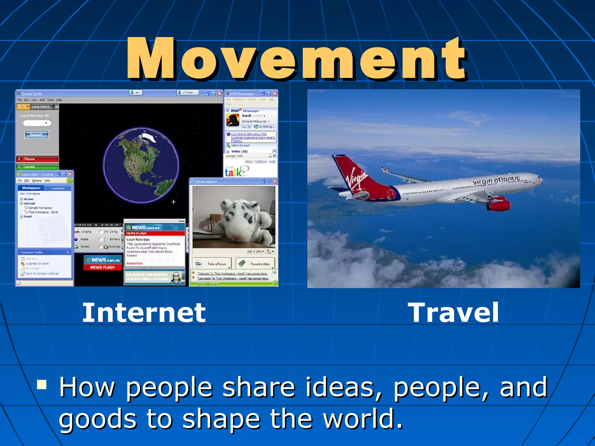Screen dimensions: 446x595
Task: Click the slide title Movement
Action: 296,60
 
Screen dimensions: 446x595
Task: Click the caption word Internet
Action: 144,313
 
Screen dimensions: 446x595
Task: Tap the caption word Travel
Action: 453,313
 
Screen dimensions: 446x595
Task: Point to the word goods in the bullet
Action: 98,420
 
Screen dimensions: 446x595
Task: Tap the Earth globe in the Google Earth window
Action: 141,166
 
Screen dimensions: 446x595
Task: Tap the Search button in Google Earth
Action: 36,134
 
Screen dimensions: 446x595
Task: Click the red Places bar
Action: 37,159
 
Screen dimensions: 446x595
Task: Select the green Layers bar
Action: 37,167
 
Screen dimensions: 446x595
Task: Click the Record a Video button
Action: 255,264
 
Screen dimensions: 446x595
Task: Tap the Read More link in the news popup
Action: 135,263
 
